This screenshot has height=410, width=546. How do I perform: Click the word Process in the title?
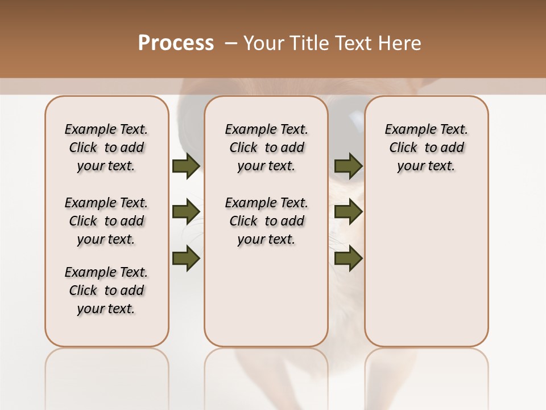click(x=176, y=43)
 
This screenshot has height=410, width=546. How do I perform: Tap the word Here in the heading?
click(x=400, y=43)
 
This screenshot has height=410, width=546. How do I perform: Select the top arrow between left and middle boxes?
click(x=186, y=166)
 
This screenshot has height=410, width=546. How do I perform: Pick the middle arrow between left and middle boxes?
click(x=186, y=212)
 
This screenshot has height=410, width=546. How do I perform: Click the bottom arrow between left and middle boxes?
click(x=186, y=258)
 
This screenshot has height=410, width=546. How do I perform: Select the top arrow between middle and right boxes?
click(x=348, y=166)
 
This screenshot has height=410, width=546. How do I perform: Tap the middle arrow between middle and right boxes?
click(x=348, y=212)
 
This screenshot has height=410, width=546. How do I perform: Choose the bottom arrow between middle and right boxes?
click(x=348, y=258)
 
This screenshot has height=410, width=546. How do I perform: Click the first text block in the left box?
click(x=106, y=147)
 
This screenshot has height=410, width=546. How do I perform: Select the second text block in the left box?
click(x=106, y=221)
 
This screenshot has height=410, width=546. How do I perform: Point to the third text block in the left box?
click(x=106, y=290)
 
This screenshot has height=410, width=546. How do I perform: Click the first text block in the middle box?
click(x=266, y=147)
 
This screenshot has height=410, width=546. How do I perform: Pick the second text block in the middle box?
click(x=266, y=221)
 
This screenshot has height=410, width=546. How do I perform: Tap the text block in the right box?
click(x=426, y=147)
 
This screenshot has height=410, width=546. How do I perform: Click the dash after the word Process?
click(x=231, y=43)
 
